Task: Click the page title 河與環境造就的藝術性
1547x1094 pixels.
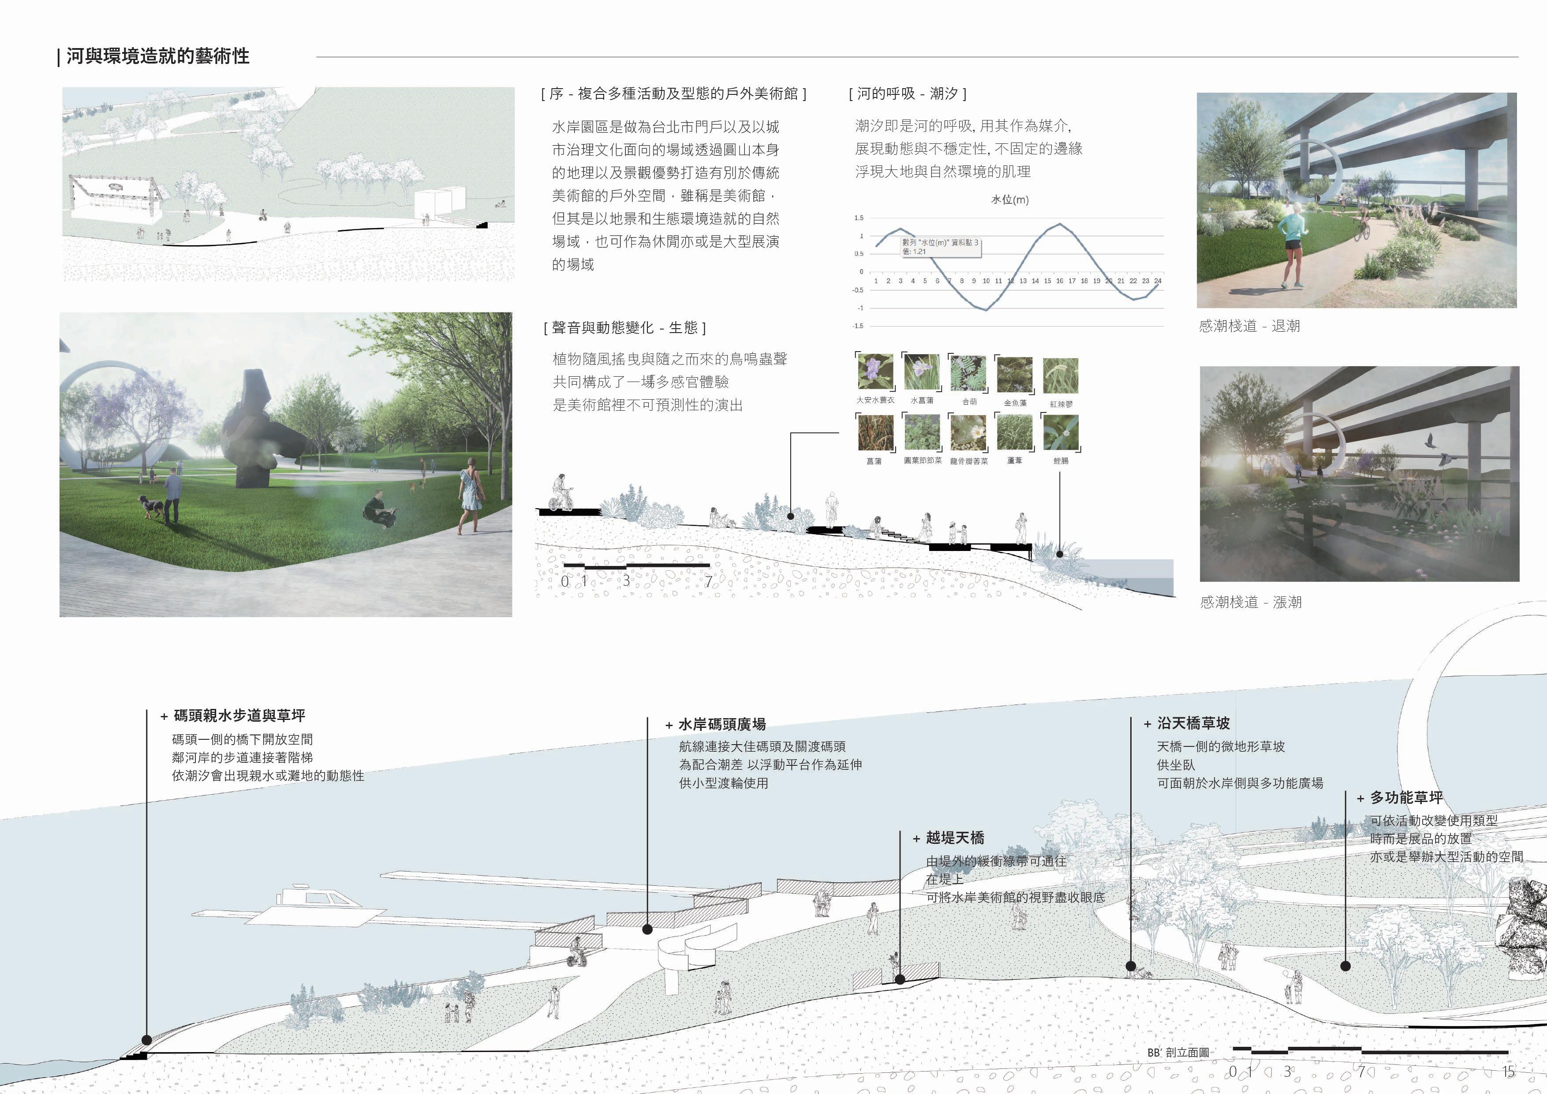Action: pos(158,56)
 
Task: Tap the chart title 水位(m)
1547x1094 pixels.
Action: pos(1009,199)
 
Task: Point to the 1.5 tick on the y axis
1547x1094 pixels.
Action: pos(859,218)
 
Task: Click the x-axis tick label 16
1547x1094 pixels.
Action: pos(1059,281)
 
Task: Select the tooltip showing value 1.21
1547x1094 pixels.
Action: pos(941,247)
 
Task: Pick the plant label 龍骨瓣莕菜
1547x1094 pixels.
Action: pos(969,461)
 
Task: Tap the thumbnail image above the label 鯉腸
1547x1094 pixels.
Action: pos(1061,432)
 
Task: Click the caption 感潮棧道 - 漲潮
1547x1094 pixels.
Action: pos(1251,602)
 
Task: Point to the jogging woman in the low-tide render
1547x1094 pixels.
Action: pos(1292,246)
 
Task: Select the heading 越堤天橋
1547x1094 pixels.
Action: pos(955,838)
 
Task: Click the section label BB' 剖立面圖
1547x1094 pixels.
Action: pos(1178,1052)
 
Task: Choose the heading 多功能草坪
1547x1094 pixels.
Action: pos(1406,798)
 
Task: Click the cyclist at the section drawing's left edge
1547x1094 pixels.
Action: pos(562,494)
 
